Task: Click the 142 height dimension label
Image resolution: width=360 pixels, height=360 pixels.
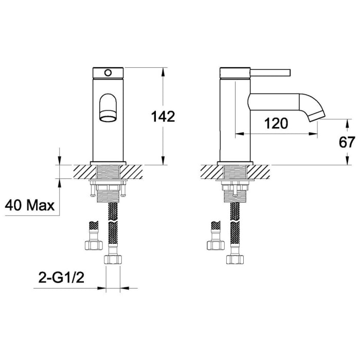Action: tap(164, 116)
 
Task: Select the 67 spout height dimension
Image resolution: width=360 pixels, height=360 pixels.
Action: tap(348, 142)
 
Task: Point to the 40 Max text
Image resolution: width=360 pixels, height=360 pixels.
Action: tap(30, 206)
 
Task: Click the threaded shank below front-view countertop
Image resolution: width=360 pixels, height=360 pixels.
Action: tap(108, 195)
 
